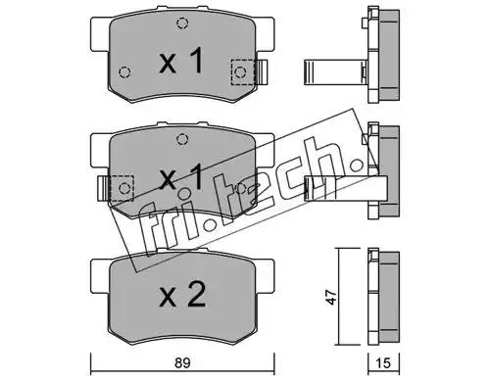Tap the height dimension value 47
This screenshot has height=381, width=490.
pyautogui.click(x=331, y=297)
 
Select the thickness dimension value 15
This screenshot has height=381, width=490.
pyautogui.click(x=383, y=363)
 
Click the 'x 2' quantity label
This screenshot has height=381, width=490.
pyautogui.click(x=182, y=295)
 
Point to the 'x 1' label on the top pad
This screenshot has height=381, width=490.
pyautogui.click(x=181, y=61)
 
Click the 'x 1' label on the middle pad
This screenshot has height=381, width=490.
pyautogui.click(x=181, y=177)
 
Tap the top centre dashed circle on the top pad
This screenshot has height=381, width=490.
pyautogui.click(x=182, y=24)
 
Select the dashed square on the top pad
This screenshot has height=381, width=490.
pyautogui.click(x=242, y=72)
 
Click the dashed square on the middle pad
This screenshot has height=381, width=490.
pyautogui.click(x=122, y=188)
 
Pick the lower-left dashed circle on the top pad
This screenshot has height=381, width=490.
pyautogui.click(x=124, y=71)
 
